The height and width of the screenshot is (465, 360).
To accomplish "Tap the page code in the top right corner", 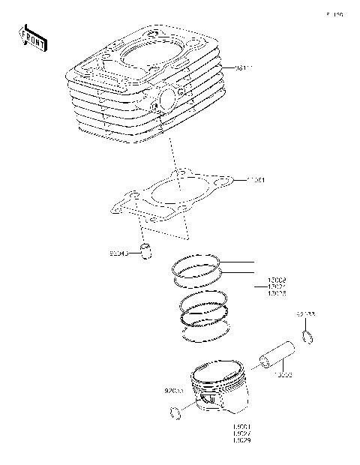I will [x=334, y=14].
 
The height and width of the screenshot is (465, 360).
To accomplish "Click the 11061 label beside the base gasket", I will [x=256, y=181].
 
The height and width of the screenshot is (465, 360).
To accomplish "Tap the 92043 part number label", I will [x=120, y=253].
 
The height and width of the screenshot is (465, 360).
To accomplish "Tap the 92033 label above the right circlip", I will [x=305, y=315].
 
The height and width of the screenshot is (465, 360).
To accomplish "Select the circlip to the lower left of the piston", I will [x=176, y=411].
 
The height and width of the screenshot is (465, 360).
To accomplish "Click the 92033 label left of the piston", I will [x=173, y=390].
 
